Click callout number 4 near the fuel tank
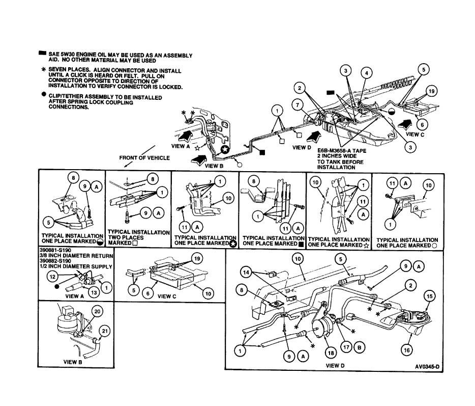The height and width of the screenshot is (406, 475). click(365, 73)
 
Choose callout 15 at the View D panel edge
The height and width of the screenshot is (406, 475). click(429, 295)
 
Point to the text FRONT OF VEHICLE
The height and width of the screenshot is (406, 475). click(144, 158)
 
